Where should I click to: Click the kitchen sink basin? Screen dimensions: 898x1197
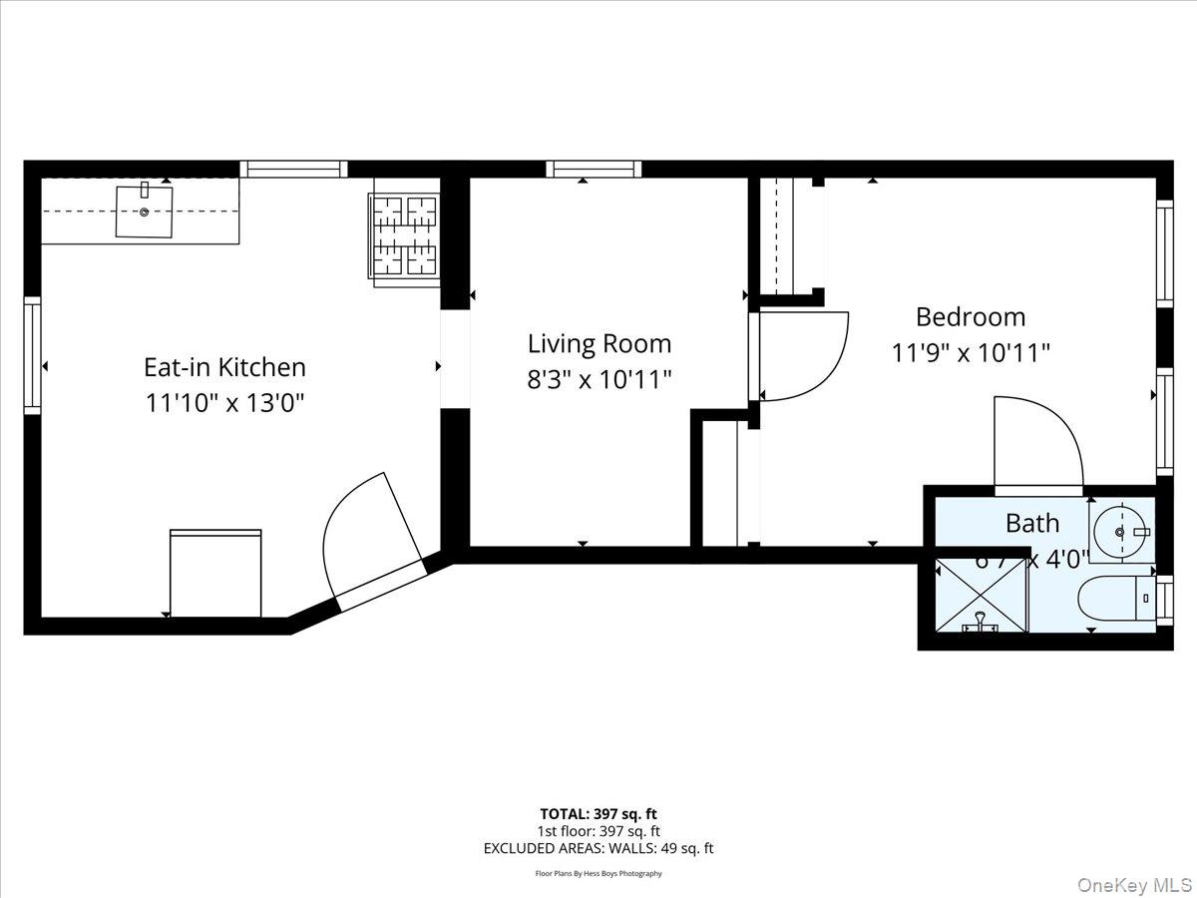[x=144, y=212]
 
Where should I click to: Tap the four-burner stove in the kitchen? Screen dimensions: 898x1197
[x=405, y=235]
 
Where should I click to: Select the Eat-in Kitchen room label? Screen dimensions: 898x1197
[x=224, y=367]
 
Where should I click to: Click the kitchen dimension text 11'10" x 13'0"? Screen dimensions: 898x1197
[x=224, y=403]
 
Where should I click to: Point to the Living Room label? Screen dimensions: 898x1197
[x=598, y=344]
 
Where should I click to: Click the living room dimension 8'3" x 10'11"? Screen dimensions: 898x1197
[x=598, y=379]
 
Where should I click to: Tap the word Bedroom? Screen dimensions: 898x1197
[x=970, y=317]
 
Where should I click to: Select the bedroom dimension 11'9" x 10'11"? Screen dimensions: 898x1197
[x=970, y=353]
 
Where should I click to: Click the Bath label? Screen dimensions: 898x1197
[x=1031, y=523]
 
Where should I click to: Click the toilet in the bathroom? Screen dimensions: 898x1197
[x=1112, y=600]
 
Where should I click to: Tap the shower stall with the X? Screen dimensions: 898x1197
[x=982, y=595]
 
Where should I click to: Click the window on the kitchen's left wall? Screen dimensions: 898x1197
[x=33, y=355]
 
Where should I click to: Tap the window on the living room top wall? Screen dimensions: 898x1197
[x=594, y=170]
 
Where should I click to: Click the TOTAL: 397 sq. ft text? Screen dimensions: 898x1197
[x=598, y=813]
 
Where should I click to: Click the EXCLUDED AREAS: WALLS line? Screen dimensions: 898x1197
[x=598, y=849]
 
